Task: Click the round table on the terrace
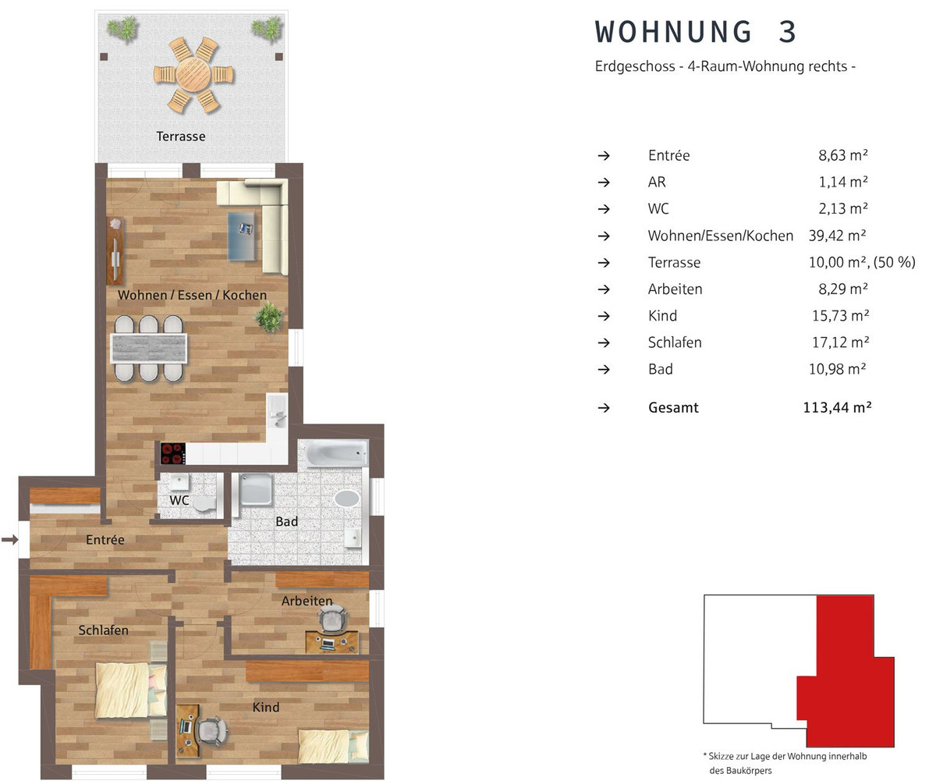coord(193,74)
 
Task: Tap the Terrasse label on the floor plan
coord(181,137)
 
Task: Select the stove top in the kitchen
coord(173,454)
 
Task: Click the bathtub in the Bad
coord(337,453)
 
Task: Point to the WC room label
coord(179,500)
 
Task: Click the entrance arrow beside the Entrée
coord(10,539)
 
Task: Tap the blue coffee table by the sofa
coord(242,236)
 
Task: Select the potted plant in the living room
coord(269,317)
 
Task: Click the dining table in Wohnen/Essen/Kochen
coord(148,348)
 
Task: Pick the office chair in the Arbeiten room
coord(332,619)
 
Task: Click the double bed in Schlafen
coord(131,690)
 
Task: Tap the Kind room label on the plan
coord(266,707)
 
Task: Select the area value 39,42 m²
coord(837,236)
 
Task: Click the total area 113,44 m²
coord(838,407)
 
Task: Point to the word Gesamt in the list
coord(673,407)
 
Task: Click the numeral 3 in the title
coord(787,32)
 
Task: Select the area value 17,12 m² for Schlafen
coord(841,343)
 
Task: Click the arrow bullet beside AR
coord(604,183)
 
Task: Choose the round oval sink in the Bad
coord(347,499)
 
